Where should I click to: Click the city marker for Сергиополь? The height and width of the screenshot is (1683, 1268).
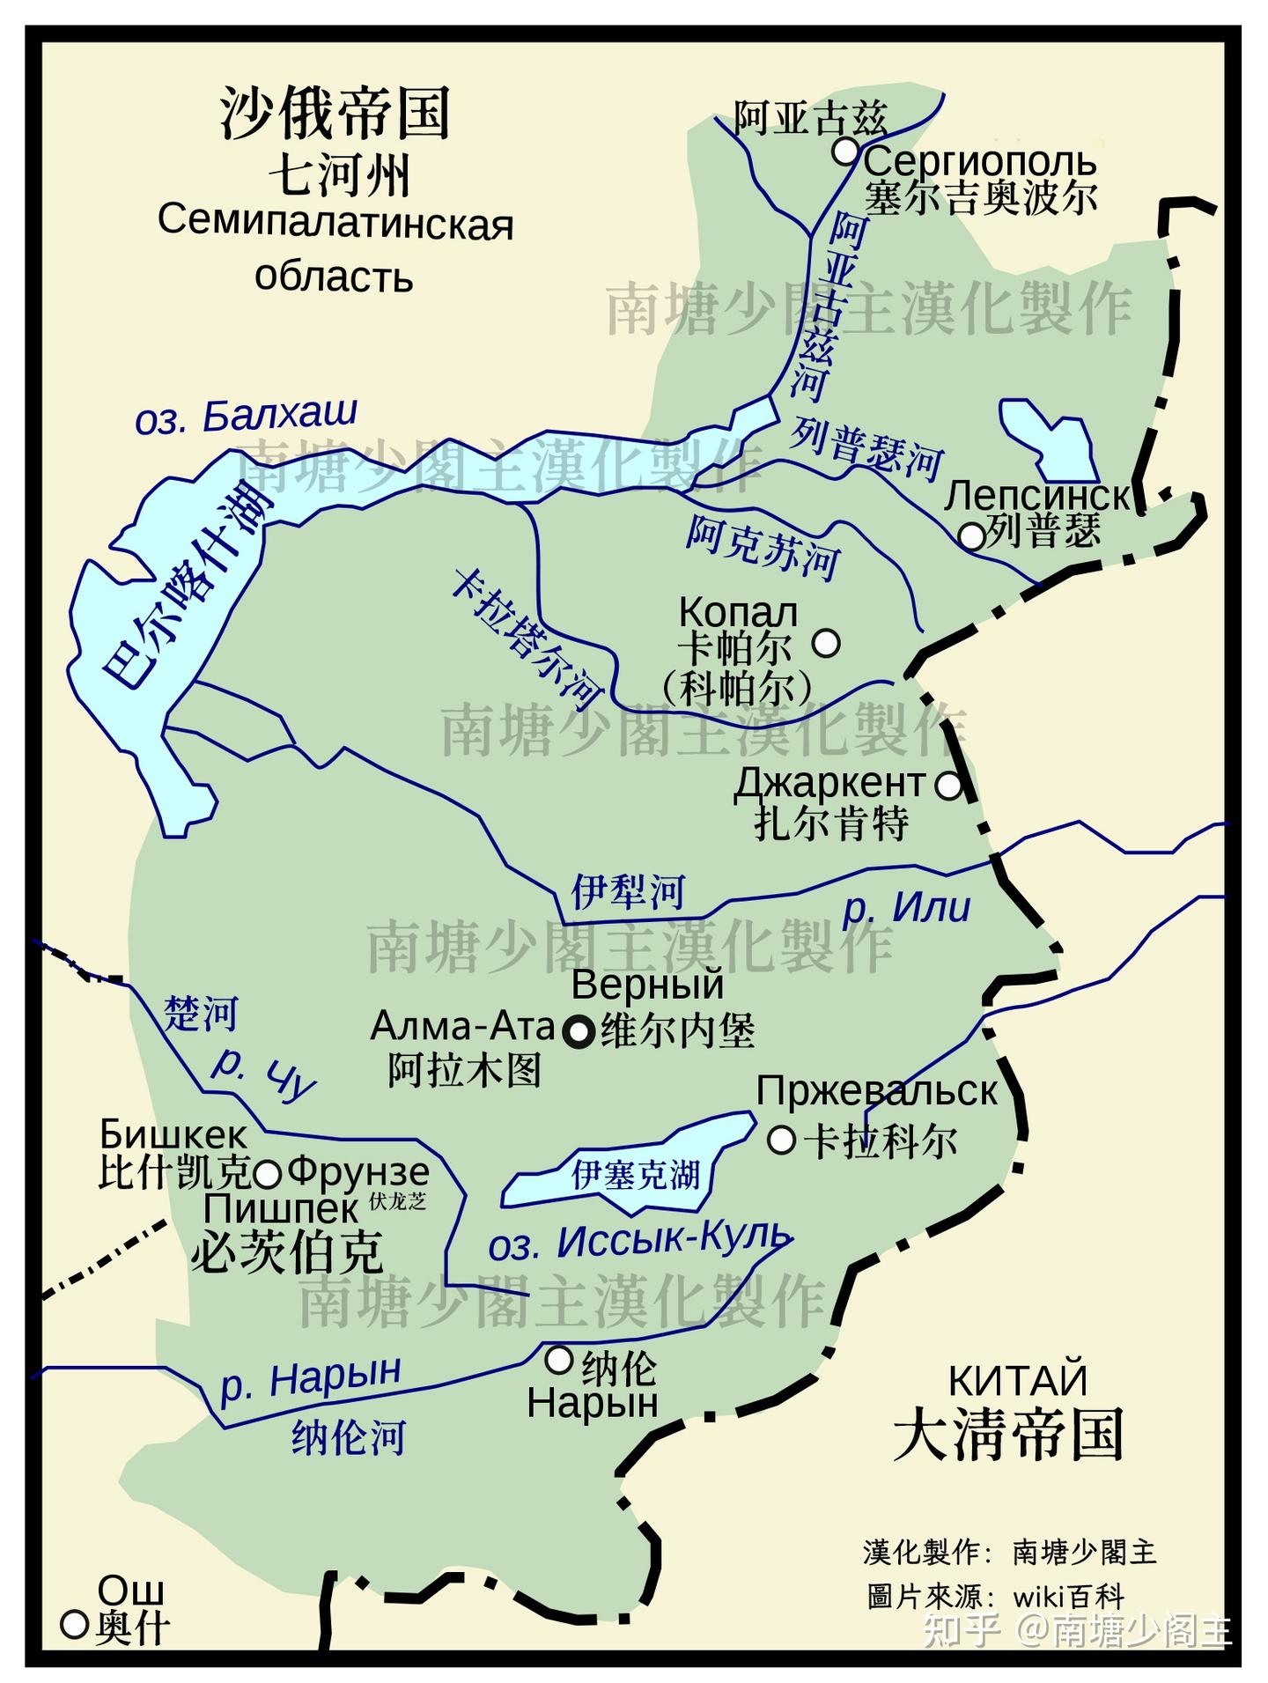coord(845,151)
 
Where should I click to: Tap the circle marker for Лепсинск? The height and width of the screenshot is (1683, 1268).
coord(971,535)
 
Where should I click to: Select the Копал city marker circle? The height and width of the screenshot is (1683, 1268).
coord(826,643)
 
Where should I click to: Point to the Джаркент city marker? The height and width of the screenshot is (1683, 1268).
coord(948,785)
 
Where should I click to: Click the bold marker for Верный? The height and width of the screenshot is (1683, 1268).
coord(580,1031)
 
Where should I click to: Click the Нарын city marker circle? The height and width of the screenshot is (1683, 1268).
coord(559,1361)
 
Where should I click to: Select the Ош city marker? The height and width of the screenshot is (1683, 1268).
coord(74,1624)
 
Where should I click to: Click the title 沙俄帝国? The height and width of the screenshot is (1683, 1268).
coord(335,113)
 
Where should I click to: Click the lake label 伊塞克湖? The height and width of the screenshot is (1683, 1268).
coord(636,1174)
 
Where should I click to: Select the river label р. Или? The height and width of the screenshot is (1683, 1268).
coord(907,907)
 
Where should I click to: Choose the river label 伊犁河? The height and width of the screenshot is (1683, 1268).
coord(628,891)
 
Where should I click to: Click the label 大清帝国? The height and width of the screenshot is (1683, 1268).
coord(1008,1436)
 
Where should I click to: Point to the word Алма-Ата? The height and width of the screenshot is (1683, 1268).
coord(462,1026)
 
